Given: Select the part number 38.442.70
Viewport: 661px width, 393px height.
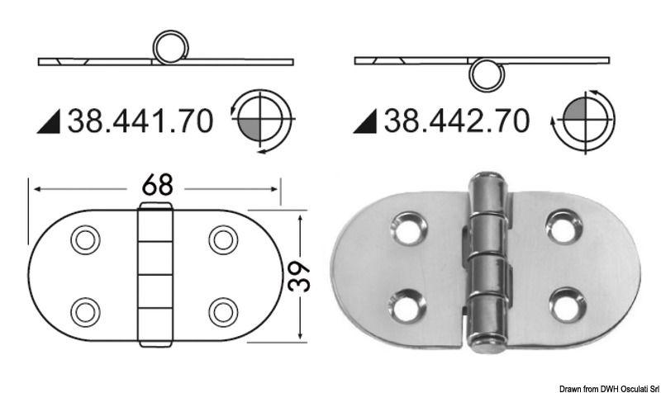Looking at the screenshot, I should (x=454, y=121).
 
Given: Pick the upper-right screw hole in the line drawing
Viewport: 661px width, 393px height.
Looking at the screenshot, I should (x=223, y=240).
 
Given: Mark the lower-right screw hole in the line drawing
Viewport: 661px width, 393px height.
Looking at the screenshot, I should (x=223, y=311).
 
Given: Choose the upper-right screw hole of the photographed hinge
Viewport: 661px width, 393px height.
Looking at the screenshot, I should (x=563, y=229).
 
